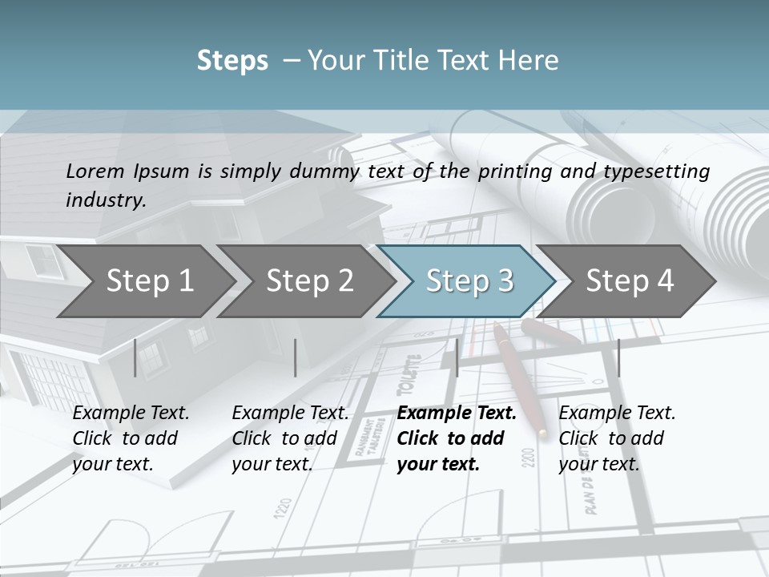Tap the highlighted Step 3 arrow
click(469, 281)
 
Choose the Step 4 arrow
click(630, 281)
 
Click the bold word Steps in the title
click(232, 60)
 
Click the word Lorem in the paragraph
click(95, 171)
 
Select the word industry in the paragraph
click(105, 200)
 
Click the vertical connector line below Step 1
click(135, 357)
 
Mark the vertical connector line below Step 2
click(296, 357)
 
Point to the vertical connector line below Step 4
click(619, 357)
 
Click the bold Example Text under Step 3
click(457, 414)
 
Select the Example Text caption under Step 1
click(131, 414)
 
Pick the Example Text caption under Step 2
click(290, 414)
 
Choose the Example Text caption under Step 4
click(617, 414)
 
